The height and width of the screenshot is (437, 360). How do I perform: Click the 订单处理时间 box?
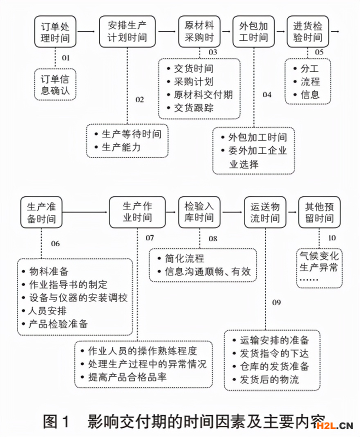tap(54, 31)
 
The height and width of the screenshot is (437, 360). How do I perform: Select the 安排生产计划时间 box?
tap(127, 31)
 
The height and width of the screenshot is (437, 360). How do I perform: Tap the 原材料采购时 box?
tap(199, 31)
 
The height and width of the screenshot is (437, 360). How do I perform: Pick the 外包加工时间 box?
tap(253, 31)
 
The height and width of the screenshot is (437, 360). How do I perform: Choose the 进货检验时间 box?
tap(308, 31)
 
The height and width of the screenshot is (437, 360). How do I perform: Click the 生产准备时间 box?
tap(41, 212)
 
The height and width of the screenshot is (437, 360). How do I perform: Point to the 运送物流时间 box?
tap(265, 212)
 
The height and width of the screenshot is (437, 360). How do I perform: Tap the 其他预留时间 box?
tap(319, 212)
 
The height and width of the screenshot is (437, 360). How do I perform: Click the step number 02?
tap(139, 99)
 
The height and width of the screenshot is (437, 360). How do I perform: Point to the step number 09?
tap(276, 302)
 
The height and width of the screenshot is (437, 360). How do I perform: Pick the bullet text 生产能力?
tap(121, 147)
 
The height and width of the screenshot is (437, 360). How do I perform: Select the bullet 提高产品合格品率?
tap(127, 376)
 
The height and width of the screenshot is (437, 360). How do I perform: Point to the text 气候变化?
tap(318, 254)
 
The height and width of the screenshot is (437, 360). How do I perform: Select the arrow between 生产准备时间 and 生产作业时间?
tap(85, 212)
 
